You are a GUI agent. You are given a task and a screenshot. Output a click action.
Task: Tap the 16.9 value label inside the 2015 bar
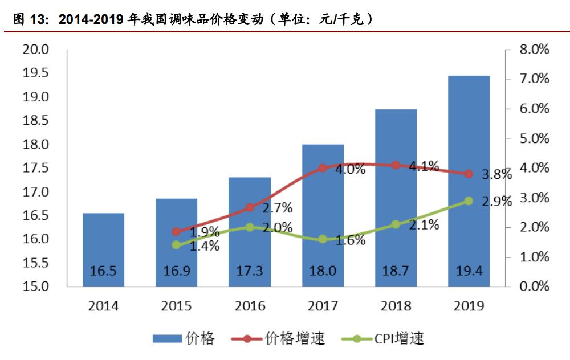tap(176, 271)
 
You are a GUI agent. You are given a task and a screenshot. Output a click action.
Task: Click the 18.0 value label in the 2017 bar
tap(323, 271)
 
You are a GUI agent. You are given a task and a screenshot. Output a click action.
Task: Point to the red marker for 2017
tap(323, 168)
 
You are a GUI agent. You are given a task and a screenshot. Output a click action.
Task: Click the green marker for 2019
tap(469, 201)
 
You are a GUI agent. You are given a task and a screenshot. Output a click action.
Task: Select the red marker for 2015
tap(176, 231)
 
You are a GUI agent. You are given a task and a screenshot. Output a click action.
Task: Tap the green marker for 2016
tap(249, 227)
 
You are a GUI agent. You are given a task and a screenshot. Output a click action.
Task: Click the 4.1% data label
tap(424, 166)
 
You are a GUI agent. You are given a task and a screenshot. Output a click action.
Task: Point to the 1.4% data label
tap(205, 246)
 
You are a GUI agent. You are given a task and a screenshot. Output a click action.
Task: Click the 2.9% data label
tap(497, 202)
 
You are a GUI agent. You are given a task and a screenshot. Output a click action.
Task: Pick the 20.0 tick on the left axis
tap(35, 50)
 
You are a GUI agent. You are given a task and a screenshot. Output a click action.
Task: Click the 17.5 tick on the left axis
tap(35, 168)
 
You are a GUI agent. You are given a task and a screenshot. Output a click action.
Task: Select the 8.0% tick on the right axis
tap(534, 50)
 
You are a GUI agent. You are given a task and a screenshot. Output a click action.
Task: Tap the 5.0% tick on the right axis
tap(534, 138)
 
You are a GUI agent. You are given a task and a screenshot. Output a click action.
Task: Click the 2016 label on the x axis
tap(249, 306)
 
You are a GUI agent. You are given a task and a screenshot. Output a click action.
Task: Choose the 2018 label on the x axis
tap(396, 306)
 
